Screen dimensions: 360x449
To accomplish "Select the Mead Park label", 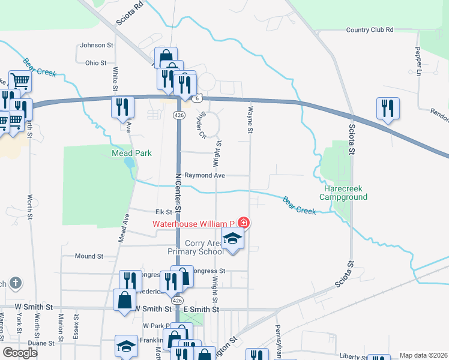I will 131,153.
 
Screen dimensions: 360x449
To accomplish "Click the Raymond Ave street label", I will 204,175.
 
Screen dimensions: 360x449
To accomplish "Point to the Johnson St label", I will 97,45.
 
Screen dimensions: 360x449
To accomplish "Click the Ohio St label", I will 95,62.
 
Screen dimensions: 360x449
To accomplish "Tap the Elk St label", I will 164,212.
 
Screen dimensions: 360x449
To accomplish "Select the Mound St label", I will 89,256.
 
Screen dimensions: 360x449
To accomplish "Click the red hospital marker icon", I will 243,223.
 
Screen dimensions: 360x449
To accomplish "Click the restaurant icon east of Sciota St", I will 388,109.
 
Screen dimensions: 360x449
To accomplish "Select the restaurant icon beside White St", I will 123,107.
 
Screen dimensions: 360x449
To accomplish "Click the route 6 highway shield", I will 197,98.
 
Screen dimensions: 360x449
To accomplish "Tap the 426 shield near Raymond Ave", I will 178,115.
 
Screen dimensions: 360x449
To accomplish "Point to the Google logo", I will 20,353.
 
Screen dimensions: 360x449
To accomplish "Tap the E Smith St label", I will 202,309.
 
